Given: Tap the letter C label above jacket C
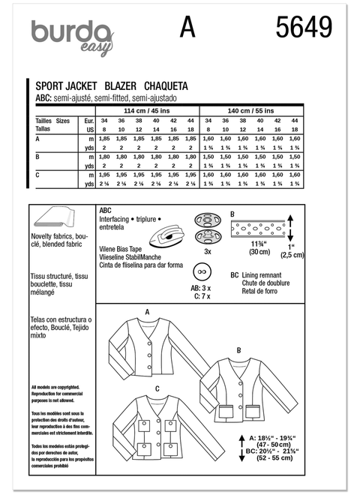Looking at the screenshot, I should tap(157, 388).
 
